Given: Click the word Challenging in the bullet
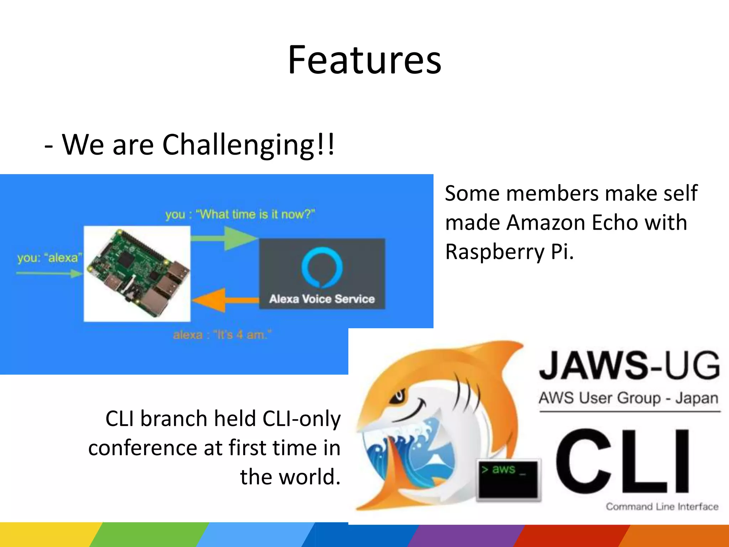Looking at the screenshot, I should click(x=238, y=145).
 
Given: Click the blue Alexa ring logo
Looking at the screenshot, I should click(x=322, y=267).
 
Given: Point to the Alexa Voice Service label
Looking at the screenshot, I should click(x=322, y=299).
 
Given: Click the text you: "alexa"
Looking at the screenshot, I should click(x=50, y=257).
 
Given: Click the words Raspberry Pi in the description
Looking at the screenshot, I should click(x=509, y=252).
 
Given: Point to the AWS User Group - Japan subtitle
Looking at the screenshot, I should click(x=628, y=398).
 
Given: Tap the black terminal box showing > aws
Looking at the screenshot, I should click(x=508, y=479).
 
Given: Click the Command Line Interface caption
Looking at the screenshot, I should click(x=662, y=506).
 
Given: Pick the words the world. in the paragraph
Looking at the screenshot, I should click(x=290, y=477).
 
